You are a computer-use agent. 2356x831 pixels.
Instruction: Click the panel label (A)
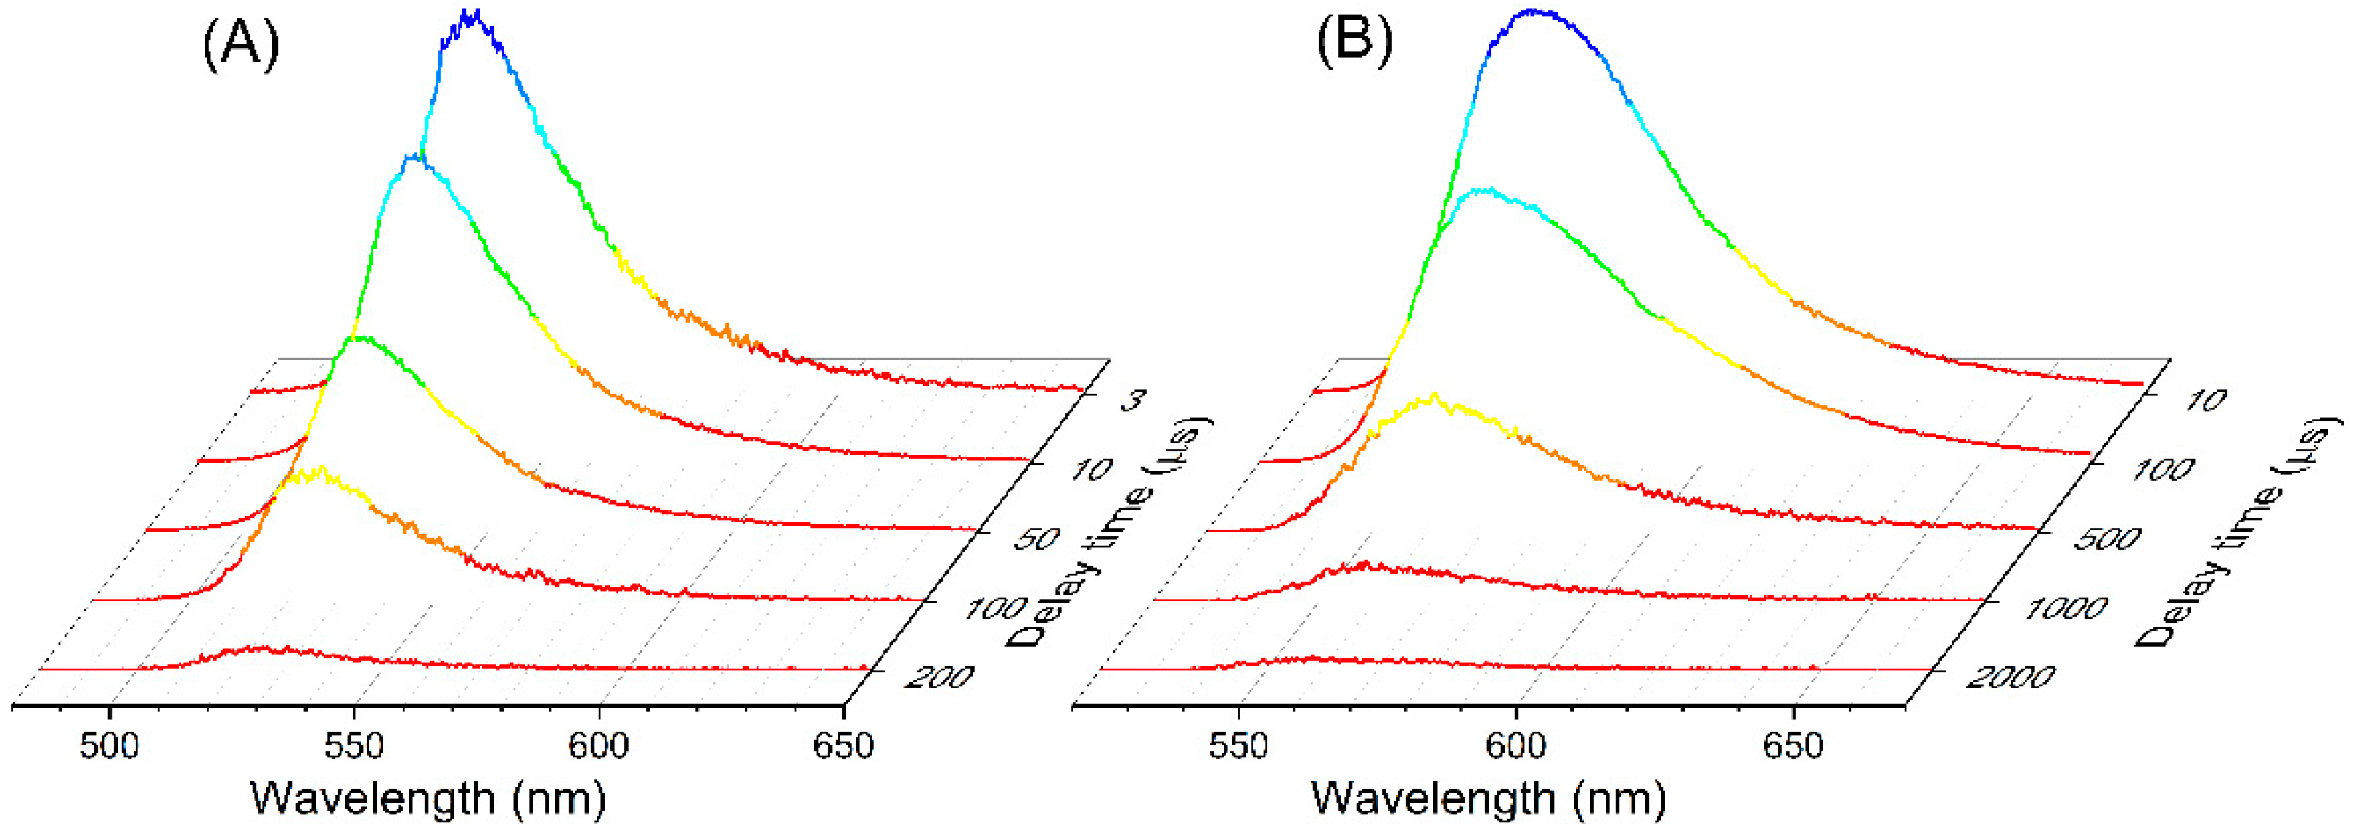pos(240,45)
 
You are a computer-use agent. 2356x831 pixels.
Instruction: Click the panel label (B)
pos(1354,41)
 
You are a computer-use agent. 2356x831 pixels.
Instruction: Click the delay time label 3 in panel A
pos(1132,400)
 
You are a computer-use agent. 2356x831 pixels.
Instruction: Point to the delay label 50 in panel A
pos(1036,539)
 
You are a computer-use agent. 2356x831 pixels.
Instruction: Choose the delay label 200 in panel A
pos(938,677)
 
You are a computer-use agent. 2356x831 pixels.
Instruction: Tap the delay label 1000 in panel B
pos(2065,608)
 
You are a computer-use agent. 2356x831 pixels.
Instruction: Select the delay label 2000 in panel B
pos(2009,677)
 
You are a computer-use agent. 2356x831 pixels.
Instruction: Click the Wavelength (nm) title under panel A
pos(428,798)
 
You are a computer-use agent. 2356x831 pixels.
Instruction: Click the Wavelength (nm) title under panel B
pos(1488,798)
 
